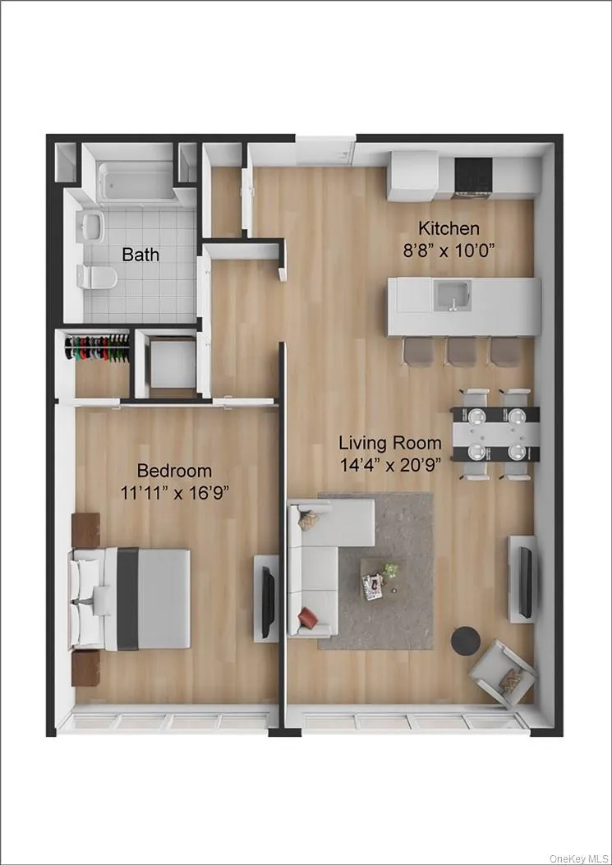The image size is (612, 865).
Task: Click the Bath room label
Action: [x=140, y=255]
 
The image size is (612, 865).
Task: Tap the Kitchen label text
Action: [x=449, y=228]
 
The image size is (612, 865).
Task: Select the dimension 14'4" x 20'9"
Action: [x=391, y=463]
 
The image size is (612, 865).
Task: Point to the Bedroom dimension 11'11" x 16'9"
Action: [x=174, y=492]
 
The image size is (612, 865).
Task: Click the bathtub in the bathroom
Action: [x=138, y=180]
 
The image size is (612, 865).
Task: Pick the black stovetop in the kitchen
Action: [x=474, y=173]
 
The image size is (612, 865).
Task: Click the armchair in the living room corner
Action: [x=502, y=674]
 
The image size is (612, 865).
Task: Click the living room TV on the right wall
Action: [x=523, y=577]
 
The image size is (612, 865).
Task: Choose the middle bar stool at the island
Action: [x=461, y=352]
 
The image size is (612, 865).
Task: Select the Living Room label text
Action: [x=391, y=442]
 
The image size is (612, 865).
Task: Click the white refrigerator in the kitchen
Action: [x=414, y=176]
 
